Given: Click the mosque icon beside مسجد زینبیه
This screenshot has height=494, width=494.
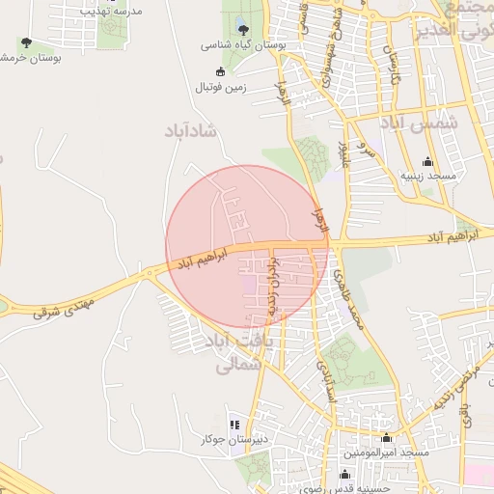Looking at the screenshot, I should pos(427,161).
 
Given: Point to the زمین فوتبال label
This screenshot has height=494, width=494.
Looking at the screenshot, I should pos(222,88).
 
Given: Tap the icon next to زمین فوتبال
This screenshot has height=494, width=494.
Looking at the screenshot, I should pos(221,71).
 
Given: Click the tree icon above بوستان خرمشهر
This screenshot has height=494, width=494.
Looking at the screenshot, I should pos(25,42).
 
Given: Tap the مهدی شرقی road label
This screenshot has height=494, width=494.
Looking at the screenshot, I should pos(66,307).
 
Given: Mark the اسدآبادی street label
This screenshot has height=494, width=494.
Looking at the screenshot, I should pos(325,380).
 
